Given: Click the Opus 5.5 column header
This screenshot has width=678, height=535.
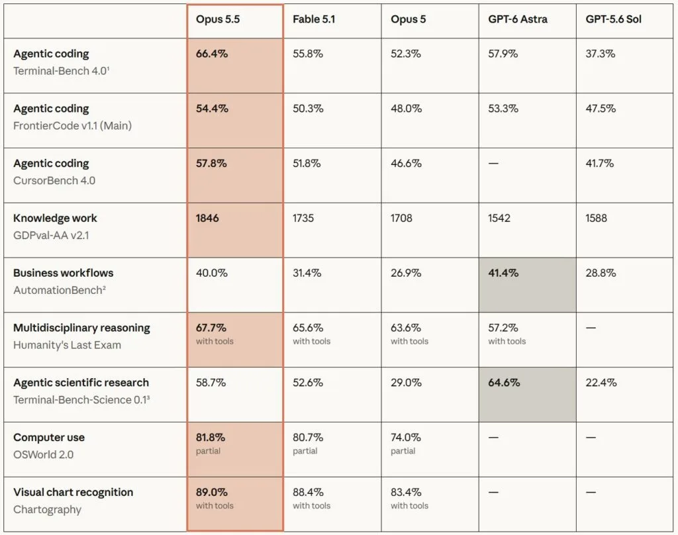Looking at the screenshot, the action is click(217, 19).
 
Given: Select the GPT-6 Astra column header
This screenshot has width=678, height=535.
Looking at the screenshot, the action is click(518, 19).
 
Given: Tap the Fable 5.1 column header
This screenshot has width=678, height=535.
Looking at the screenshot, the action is click(313, 19).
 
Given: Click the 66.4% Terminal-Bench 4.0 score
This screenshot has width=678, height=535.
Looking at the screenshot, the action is click(211, 54).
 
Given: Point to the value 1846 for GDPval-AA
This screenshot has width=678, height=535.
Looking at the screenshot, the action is click(207, 218).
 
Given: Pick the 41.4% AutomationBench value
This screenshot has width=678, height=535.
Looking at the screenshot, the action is click(503, 273).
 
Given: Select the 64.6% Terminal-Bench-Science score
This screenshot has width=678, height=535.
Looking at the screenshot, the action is click(504, 383).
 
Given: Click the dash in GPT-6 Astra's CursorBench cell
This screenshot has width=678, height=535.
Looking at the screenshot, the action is click(493, 164).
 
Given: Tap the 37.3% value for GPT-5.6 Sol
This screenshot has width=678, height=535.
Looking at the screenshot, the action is click(600, 54).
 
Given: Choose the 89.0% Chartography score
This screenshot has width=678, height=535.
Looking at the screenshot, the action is click(211, 492).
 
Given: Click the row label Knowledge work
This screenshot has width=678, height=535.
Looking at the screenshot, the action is click(55, 218).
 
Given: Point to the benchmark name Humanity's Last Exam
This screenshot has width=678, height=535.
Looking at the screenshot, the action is click(67, 345).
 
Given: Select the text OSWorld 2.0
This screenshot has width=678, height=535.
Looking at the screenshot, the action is click(43, 455).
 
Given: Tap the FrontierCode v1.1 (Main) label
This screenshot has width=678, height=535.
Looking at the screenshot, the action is click(72, 126).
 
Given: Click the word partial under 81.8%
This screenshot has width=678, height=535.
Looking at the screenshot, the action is click(208, 451).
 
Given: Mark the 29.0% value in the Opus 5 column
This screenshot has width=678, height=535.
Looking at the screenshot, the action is click(406, 383).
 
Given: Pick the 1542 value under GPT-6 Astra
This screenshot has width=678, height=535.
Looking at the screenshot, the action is click(499, 218).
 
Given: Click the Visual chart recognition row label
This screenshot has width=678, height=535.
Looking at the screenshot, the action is click(73, 492).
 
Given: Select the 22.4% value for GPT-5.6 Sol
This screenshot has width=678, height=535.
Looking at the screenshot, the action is click(601, 383).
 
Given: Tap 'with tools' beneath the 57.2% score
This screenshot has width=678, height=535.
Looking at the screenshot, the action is click(507, 341).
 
